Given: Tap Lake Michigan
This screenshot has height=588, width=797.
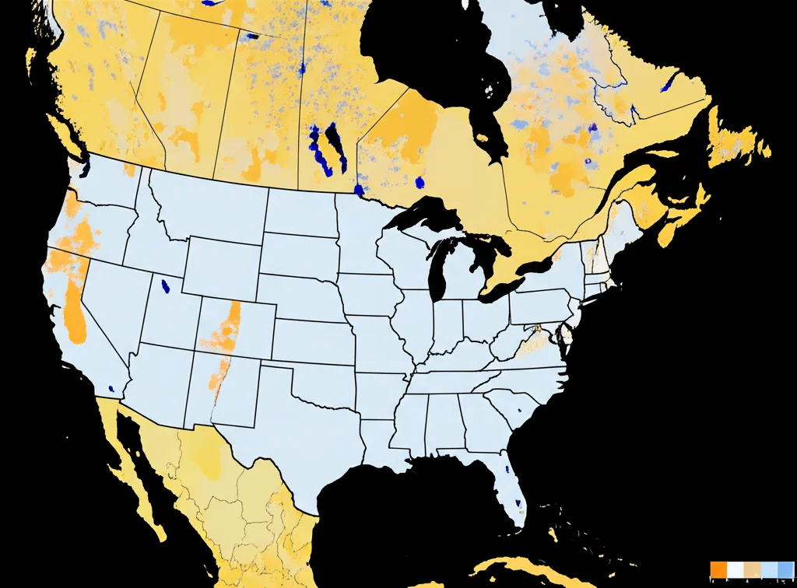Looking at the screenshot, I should tap(437, 268).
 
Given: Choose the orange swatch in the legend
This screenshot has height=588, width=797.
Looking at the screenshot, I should tap(718, 569).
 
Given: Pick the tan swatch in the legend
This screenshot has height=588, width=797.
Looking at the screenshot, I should tap(752, 569).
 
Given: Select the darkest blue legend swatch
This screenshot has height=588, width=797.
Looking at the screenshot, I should tap(785, 569).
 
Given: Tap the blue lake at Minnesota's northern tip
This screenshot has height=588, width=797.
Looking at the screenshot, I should tap(359, 189).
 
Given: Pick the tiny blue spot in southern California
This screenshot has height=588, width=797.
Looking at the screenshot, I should tap(112, 388).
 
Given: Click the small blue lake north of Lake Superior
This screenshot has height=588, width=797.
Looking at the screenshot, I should tap(420, 183).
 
